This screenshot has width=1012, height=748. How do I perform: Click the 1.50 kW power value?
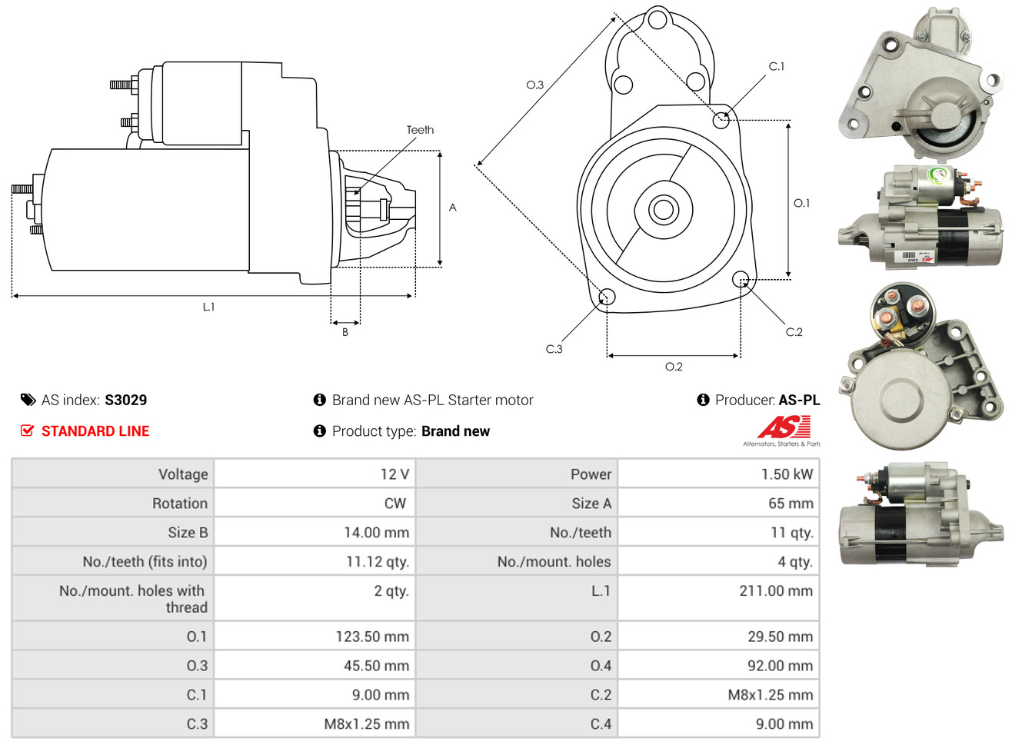786,474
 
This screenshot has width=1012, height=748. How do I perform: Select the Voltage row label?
183,474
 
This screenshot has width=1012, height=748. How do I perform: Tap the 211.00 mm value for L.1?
775,591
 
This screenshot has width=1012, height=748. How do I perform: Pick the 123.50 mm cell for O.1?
371,637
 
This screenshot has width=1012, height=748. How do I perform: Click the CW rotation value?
394,504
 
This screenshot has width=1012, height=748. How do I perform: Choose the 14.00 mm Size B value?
376,533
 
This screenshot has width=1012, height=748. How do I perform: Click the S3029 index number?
125,400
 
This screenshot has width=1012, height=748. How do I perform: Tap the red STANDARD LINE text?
95,431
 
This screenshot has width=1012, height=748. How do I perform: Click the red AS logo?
784,427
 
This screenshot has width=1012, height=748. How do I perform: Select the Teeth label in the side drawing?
420,130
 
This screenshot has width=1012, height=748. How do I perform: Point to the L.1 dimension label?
208,307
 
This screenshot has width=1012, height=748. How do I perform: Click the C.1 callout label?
777,67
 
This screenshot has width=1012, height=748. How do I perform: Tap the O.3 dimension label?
534,85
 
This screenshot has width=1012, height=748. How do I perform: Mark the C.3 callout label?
554,349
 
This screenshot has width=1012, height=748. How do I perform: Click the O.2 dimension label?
674,367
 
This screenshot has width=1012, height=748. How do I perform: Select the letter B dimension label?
345,332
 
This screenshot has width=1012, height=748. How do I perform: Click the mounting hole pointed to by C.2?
740,278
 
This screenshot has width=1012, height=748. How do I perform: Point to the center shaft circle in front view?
662,209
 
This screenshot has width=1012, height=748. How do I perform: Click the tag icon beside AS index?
28,400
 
